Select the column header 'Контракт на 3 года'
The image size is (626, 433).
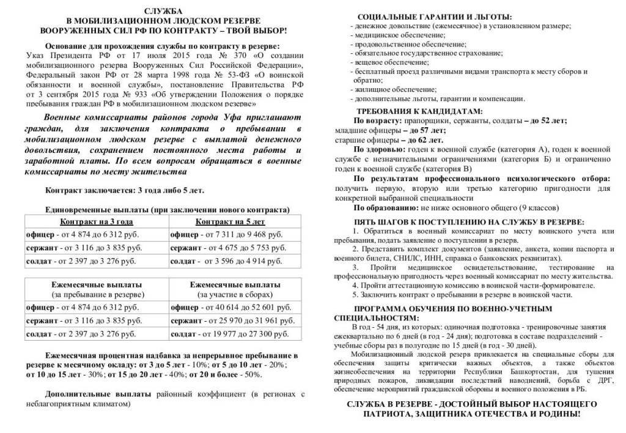[x=96, y=221]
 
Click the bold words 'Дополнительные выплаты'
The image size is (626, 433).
[x=100, y=394]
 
